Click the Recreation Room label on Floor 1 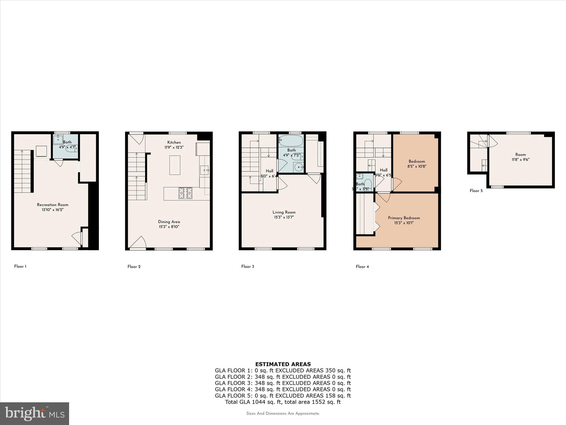(x=53, y=205)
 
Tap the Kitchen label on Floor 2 (x=174, y=142)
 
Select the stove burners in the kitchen (x=185, y=193)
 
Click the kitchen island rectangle (x=175, y=165)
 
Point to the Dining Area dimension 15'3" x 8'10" (x=169, y=227)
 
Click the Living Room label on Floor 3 (x=284, y=212)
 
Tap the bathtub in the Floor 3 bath (x=291, y=141)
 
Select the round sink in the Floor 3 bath (x=298, y=167)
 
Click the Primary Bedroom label (x=404, y=218)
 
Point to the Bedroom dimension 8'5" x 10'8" (x=417, y=166)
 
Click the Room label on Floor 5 (x=520, y=155)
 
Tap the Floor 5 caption (x=476, y=191)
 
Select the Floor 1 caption (x=20, y=266)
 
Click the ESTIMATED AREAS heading (x=283, y=364)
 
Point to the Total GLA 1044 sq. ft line (x=283, y=402)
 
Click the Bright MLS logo (x=35, y=413)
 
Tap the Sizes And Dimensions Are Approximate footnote (x=283, y=414)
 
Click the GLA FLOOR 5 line (x=283, y=396)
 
